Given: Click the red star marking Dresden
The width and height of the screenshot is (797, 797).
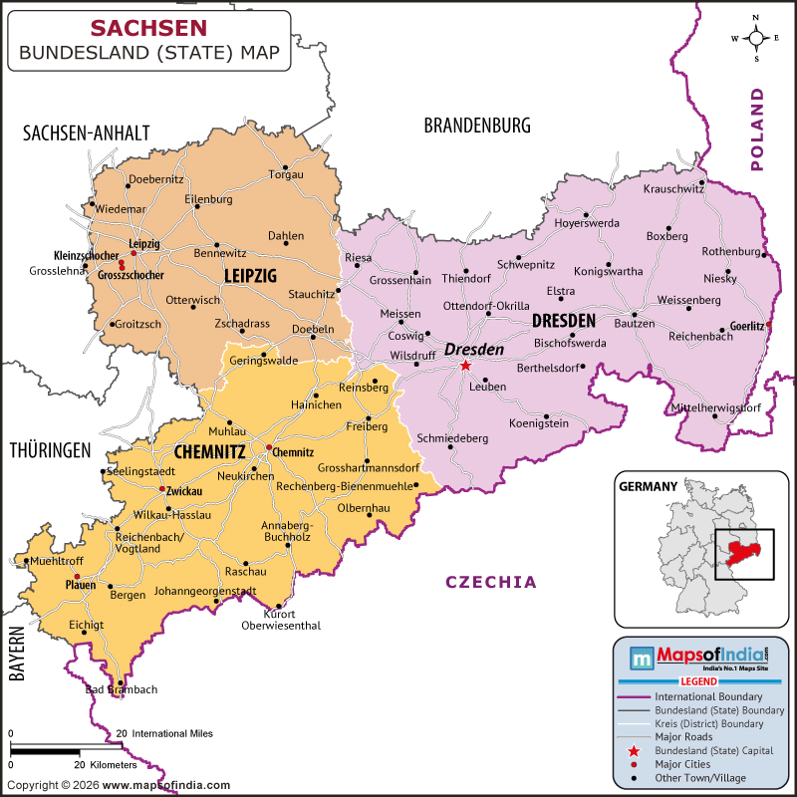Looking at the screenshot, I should [x=465, y=366].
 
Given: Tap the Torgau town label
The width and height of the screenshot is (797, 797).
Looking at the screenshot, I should [x=286, y=174].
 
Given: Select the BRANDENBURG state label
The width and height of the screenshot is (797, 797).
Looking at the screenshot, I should [x=477, y=126].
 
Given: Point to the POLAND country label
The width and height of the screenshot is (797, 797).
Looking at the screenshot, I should [x=760, y=129].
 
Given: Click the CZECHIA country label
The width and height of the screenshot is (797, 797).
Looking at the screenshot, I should [x=490, y=582].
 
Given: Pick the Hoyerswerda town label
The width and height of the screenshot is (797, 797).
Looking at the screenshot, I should [x=586, y=223].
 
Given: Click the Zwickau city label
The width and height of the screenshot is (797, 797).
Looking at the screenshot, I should [x=185, y=491].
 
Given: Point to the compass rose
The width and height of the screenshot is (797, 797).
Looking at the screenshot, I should [x=756, y=38].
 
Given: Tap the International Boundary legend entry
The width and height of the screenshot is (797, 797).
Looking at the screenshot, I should [x=708, y=694].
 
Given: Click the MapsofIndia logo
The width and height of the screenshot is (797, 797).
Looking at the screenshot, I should [x=701, y=657].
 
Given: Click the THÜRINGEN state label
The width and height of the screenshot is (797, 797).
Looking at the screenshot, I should [x=51, y=450].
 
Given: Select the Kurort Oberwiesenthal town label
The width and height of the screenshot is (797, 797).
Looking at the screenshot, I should [x=280, y=620].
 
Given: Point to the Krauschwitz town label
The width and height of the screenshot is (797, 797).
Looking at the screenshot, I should [x=674, y=188].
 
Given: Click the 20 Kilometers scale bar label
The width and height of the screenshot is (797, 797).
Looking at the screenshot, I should [x=105, y=764].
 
